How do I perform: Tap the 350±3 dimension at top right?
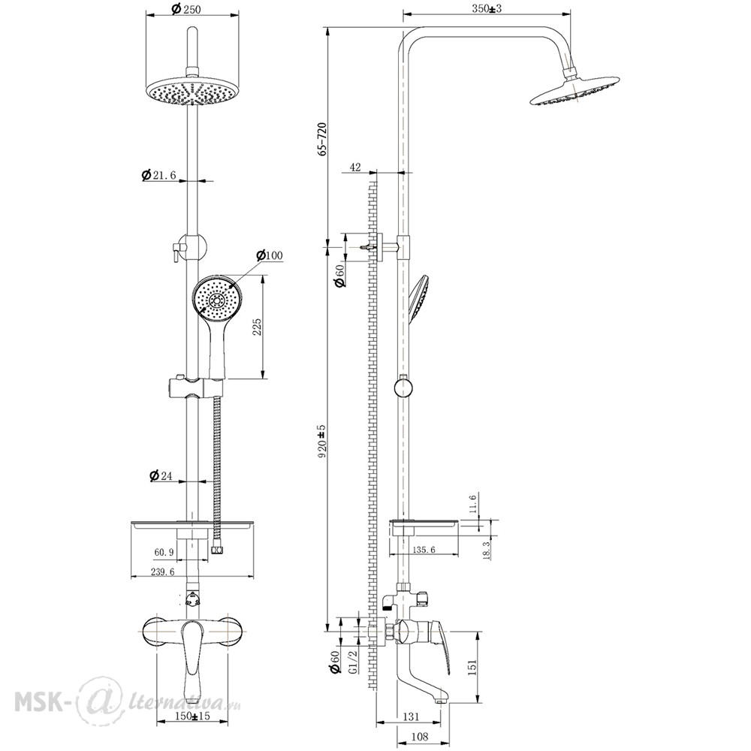(486, 8)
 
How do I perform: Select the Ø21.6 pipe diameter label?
(158, 175)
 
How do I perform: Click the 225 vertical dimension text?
(257, 327)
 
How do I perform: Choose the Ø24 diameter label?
(161, 475)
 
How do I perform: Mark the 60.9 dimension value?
(163, 552)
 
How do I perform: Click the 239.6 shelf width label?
(164, 572)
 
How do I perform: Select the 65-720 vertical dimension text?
(322, 139)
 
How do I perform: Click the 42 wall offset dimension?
(355, 167)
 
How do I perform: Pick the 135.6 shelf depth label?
(424, 550)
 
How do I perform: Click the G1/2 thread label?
(353, 662)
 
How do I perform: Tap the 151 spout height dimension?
(472, 666)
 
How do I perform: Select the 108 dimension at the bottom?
(420, 737)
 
